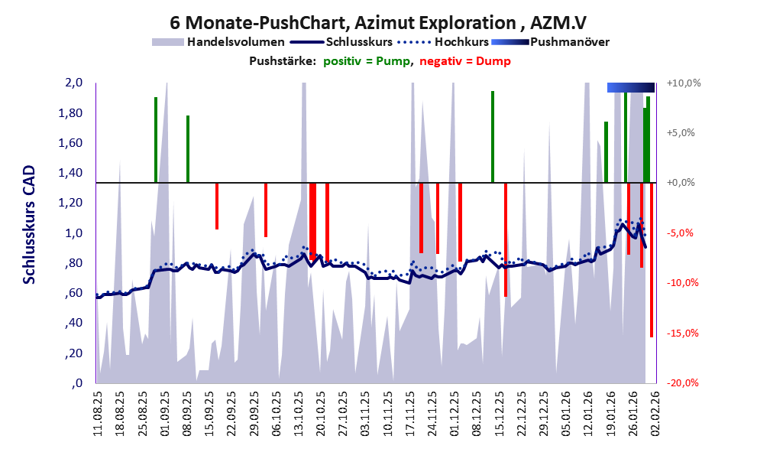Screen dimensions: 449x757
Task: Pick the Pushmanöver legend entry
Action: tap(568, 42)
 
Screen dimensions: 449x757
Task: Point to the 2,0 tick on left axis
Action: tap(73, 83)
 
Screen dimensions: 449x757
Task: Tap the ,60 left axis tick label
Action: tap(73, 294)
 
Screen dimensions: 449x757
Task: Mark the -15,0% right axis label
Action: tap(682, 333)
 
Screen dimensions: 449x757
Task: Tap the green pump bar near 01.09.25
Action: tap(156, 140)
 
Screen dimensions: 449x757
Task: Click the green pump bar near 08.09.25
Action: tap(188, 149)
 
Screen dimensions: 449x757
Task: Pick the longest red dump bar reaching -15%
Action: tap(652, 260)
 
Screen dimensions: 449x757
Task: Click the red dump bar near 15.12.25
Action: tap(506, 239)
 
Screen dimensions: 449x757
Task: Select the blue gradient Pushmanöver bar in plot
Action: tap(631, 87)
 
